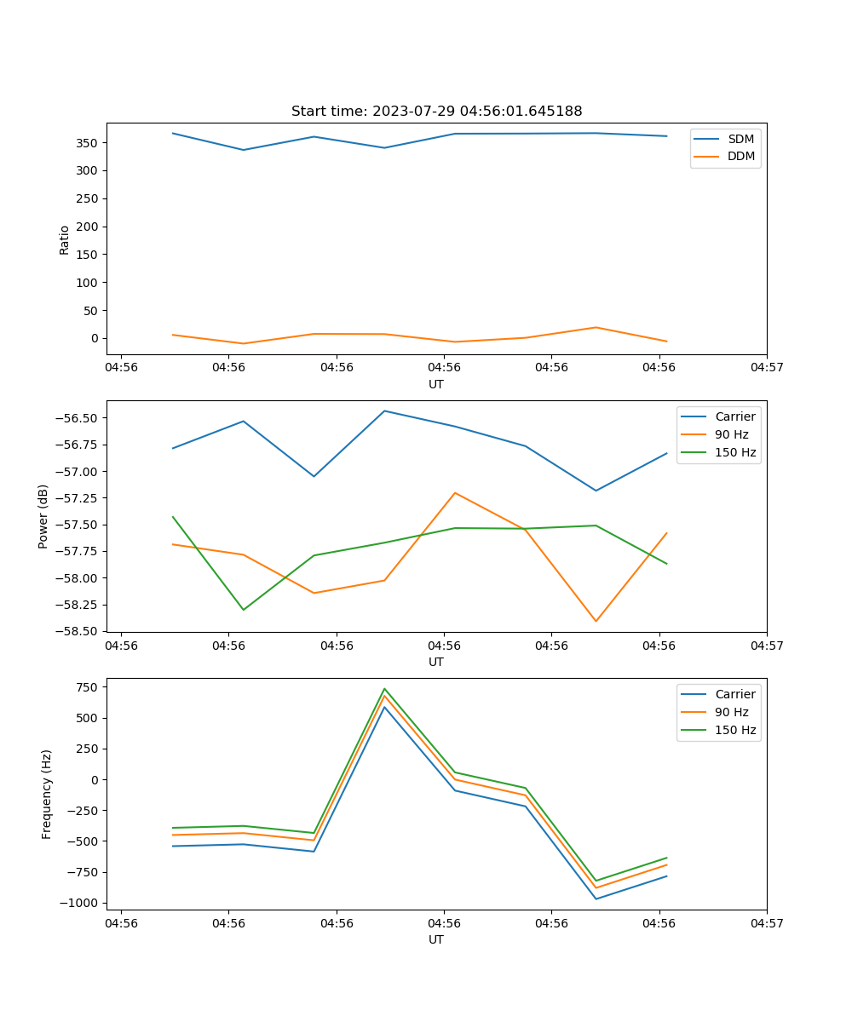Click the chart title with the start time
[436, 112]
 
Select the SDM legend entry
[740, 139]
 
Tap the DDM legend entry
[741, 156]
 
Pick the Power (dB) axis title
[43, 516]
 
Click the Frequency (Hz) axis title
[47, 794]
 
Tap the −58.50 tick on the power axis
[78, 631]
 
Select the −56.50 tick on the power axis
[78, 418]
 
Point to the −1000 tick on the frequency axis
[82, 903]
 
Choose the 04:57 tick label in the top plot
[766, 367]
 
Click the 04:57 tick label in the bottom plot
[766, 922]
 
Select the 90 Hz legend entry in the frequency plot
[732, 712]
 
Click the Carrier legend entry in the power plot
[734, 416]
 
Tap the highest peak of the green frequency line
[384, 688]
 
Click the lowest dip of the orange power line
[596, 621]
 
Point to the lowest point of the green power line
[244, 610]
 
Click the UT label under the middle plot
[436, 662]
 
